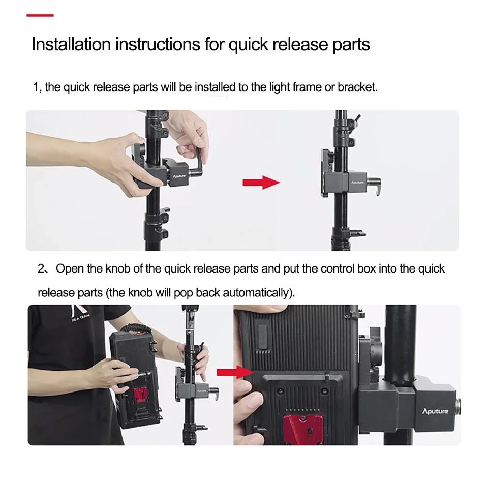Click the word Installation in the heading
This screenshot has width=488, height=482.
pos(71,44)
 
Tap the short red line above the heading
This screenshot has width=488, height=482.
pos(40,15)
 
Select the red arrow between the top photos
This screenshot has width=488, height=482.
pos(261,183)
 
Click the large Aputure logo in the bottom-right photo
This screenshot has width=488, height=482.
pos(435,411)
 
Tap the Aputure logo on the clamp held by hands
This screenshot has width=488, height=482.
pos(179,176)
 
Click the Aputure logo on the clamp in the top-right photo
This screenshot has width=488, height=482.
pos(357,183)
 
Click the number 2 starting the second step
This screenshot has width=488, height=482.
pos(41,268)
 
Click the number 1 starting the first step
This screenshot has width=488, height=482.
pos(36,87)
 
